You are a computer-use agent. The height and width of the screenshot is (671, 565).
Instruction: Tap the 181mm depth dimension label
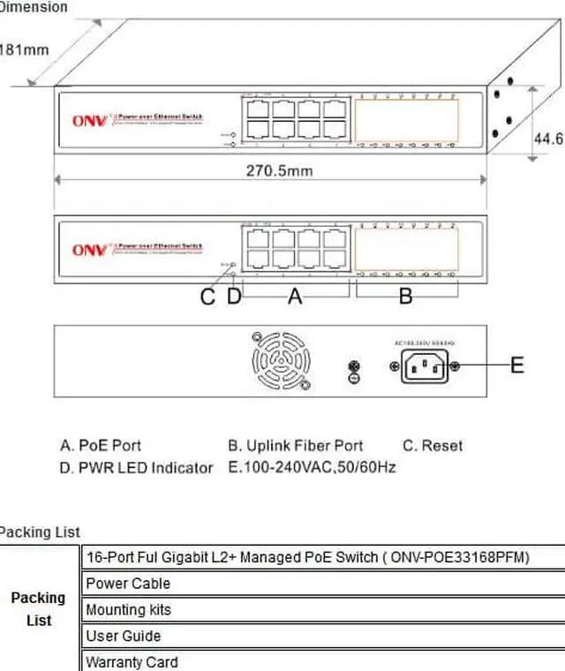[x=25, y=49]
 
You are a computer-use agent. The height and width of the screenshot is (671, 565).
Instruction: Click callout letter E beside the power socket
[x=517, y=364]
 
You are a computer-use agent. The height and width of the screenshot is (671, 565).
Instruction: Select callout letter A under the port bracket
[x=296, y=298]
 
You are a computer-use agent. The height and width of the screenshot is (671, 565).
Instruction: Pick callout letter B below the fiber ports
[x=405, y=298]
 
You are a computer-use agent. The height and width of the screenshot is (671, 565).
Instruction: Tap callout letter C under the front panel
[x=207, y=298]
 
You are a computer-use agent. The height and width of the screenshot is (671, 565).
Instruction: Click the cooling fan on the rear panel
[x=283, y=362]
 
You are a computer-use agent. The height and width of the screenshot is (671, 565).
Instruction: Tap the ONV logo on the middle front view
[x=88, y=251]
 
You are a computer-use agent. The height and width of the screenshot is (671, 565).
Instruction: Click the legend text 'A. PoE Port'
[x=101, y=446]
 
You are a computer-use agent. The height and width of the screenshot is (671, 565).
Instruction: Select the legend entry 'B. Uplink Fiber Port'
[x=295, y=446]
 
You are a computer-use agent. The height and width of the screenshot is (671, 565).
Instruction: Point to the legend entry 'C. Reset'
[x=432, y=446]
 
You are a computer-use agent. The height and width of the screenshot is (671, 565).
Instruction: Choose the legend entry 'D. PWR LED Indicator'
[x=136, y=468]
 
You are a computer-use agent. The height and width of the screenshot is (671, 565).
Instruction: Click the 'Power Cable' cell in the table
[x=128, y=584]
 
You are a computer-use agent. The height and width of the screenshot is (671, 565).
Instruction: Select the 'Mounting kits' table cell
[x=129, y=610]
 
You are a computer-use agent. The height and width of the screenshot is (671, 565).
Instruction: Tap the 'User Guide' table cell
[x=124, y=636]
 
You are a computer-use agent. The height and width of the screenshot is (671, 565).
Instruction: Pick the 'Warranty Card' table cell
[x=132, y=661]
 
